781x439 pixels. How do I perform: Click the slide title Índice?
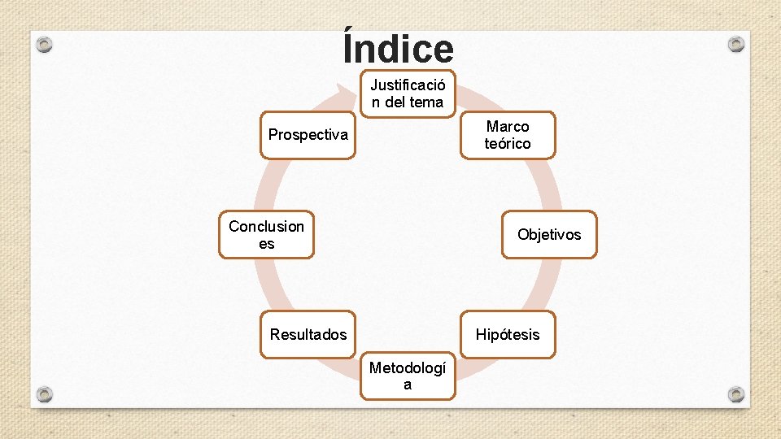tap(398, 49)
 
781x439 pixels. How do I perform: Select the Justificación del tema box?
tap(408, 93)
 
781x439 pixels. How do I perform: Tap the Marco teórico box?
tap(508, 135)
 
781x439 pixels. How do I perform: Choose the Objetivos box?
tap(549, 234)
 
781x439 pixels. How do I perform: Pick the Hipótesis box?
tap(508, 334)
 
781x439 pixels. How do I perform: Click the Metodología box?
tap(408, 376)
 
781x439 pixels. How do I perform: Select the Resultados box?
tap(308, 334)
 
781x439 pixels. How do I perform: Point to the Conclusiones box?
tap(266, 235)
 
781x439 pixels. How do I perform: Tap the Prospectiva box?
tap(308, 135)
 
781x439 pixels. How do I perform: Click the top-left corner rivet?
tap(45, 45)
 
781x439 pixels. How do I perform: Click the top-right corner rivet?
tap(735, 43)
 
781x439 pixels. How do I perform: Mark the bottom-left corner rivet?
tap(45, 394)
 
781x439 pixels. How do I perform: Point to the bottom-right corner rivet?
tap(735, 394)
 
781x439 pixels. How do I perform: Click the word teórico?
tap(508, 144)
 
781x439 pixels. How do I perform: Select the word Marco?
tap(508, 126)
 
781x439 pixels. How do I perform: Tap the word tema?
tap(427, 102)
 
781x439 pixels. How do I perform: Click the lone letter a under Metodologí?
tap(408, 385)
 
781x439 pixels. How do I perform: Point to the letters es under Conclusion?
tap(266, 244)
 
